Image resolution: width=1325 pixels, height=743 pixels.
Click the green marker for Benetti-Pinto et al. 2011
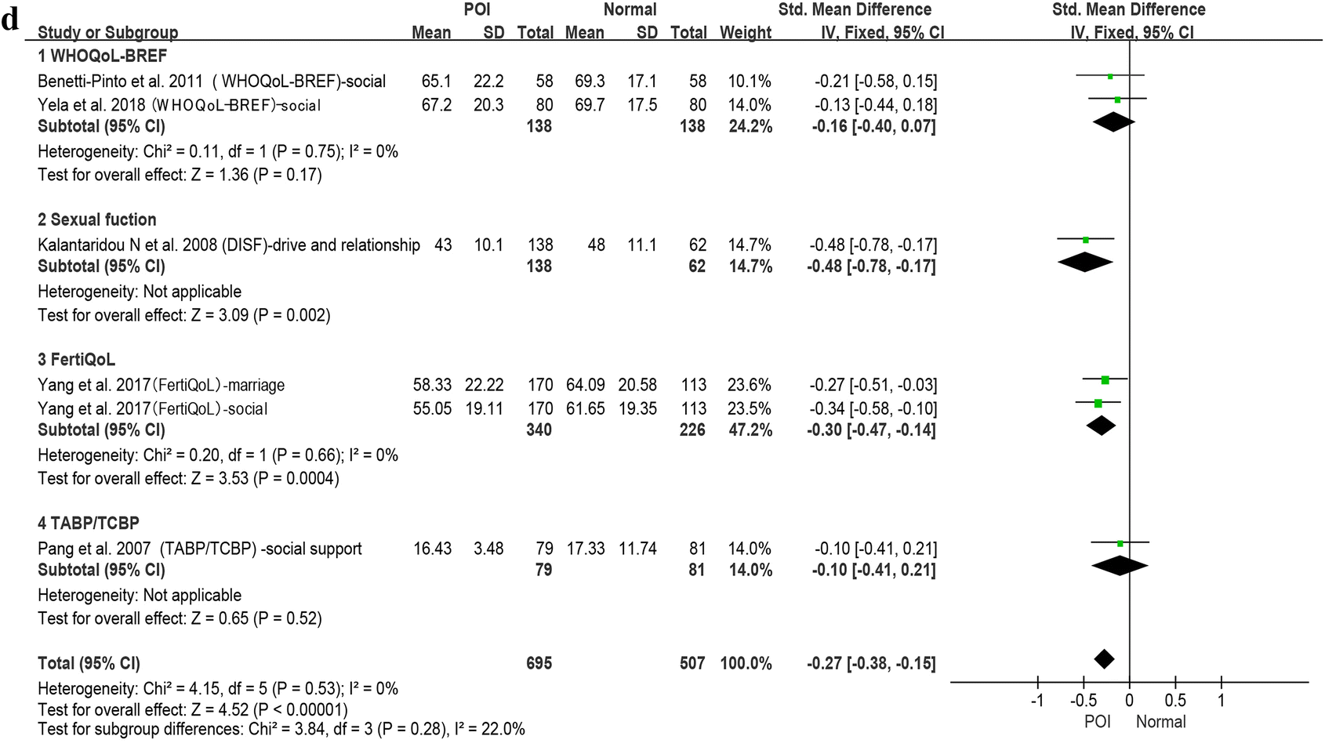[x=1110, y=77]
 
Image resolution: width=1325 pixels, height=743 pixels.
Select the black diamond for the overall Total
[x=1104, y=659]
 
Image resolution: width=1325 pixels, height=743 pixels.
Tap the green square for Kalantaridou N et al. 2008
[x=1086, y=240]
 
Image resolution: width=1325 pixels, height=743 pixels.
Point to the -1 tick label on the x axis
[x=1036, y=700]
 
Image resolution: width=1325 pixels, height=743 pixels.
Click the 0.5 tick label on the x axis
[x=1174, y=700]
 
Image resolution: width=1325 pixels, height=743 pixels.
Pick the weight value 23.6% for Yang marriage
[x=750, y=385]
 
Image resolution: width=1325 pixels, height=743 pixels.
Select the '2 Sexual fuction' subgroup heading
[x=96, y=219]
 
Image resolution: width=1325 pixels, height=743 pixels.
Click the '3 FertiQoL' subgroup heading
[x=76, y=360]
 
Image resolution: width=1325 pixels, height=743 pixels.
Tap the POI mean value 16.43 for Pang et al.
[x=432, y=549]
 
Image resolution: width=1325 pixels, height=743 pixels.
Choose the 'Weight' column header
[x=746, y=33]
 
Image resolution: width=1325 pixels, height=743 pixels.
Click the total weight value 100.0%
[x=746, y=663]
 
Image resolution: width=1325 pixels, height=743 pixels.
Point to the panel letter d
[x=10, y=20]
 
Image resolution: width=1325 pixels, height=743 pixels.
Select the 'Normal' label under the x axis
[x=1160, y=722]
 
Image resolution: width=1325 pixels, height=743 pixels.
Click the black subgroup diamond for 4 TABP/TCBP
[x=1120, y=565]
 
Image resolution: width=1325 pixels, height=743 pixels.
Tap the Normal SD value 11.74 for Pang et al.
[x=637, y=549]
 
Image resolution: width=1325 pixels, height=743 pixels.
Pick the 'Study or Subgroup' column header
[x=107, y=33]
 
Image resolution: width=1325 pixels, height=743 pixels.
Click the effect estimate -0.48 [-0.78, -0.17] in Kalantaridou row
[x=873, y=245]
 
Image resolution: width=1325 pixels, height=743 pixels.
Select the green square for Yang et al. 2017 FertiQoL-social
[x=1098, y=404]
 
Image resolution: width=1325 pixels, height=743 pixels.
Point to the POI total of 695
[x=539, y=663]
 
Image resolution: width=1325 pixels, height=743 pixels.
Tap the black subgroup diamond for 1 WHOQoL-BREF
[x=1113, y=121]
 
